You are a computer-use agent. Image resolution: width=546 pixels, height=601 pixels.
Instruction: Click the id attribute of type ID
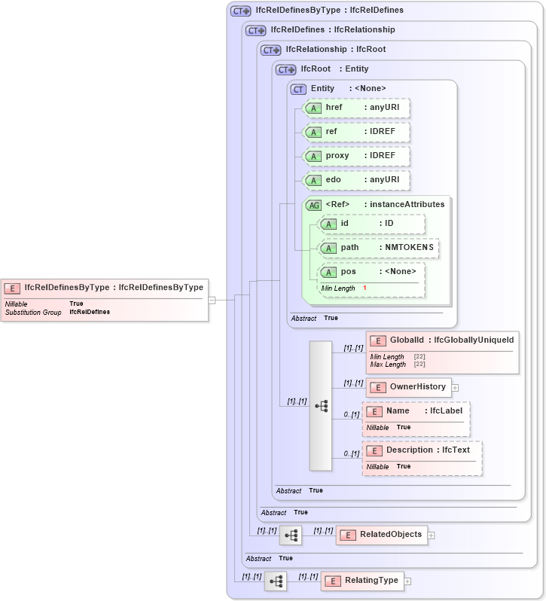tap(371, 224)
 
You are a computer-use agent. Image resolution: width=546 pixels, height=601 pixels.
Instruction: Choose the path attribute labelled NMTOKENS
tap(379, 248)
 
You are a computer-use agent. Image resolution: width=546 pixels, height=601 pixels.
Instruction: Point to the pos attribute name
tap(348, 271)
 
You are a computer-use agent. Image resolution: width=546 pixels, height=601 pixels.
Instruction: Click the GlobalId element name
tap(407, 340)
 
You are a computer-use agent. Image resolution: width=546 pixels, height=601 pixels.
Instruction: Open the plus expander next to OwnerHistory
tap(455, 387)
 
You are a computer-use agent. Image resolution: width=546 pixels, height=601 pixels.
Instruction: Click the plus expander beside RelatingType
tap(408, 581)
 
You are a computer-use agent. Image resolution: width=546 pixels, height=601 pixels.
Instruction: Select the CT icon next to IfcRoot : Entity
tap(286, 69)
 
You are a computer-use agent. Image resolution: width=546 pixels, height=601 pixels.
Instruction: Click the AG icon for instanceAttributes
tap(313, 204)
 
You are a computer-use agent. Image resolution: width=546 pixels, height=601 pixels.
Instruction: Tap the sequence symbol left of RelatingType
tap(276, 581)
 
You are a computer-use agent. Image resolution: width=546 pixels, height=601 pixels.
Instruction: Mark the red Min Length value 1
tap(365, 288)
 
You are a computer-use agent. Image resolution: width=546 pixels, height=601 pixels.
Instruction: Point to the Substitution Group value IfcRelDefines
tap(90, 312)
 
